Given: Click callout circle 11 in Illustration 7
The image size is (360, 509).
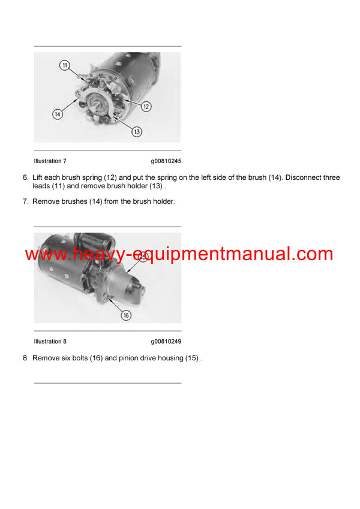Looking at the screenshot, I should tap(64, 65).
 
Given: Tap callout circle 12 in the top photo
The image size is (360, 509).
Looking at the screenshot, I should tap(146, 106).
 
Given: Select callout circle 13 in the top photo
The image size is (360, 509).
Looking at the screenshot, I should tap(136, 131).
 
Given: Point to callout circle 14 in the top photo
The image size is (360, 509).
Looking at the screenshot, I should tap(58, 114).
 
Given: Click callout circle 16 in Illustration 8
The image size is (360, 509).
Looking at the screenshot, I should tap(126, 314).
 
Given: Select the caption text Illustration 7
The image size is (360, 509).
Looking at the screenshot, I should tap(50, 161).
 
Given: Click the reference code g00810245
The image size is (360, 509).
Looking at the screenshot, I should tap(166, 161).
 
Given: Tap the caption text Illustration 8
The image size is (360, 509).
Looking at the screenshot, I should tap(50, 341).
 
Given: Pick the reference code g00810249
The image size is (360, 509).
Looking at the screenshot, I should tap(166, 341).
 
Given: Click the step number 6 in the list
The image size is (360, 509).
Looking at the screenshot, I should tap(25, 178).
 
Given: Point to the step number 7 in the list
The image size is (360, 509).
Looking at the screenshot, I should tap(25, 202).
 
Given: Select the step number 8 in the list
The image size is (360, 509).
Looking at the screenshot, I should tap(25, 358).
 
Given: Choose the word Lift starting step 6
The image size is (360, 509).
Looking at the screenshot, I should tap(37, 178).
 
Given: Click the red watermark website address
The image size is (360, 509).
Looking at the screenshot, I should tap(179, 254).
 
